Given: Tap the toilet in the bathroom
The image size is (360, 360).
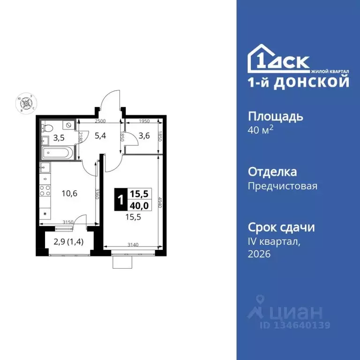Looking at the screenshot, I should coord(47,127).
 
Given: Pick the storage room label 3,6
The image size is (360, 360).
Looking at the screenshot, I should coord(143,137).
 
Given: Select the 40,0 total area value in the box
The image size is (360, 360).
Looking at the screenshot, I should coord(138,206).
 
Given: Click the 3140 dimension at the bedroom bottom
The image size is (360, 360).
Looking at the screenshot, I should coord(134,242).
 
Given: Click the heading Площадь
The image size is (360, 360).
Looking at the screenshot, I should coord(275,116).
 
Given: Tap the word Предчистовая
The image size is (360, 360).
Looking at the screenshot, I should coord(282,186).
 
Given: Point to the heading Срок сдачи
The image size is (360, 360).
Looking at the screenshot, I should coord(281,228).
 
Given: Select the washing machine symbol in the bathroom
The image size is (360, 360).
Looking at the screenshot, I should coord(69,125).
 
